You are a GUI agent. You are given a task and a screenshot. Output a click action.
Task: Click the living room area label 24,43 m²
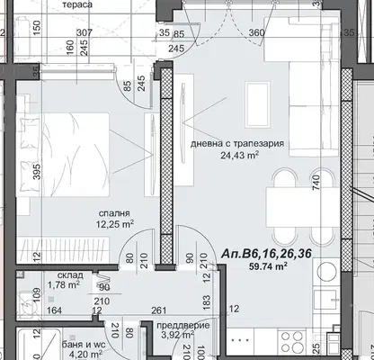[240, 155]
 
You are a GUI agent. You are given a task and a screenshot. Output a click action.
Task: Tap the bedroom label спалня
[114, 213]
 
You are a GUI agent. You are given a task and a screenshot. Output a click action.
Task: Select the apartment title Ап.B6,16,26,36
[266, 254]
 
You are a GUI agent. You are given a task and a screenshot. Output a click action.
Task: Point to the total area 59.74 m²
[269, 266]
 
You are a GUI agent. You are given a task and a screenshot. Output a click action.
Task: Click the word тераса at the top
[77, 4]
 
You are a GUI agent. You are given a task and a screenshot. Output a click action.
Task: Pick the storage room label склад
[70, 275]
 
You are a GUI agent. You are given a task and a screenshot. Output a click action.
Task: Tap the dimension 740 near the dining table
[316, 183]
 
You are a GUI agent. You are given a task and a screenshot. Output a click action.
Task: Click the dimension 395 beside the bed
[37, 172]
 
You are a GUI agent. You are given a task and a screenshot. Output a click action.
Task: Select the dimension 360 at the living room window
[256, 32]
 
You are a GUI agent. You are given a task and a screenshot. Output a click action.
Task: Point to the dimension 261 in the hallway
[158, 310]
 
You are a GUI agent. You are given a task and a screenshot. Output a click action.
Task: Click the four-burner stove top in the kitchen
[292, 340]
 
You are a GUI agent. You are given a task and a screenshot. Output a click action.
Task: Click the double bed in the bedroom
[63, 155]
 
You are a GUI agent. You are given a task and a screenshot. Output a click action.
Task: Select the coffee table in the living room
[257, 104]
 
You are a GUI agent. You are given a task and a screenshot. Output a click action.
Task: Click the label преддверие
[183, 326]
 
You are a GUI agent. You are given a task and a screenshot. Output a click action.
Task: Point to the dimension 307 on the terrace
[85, 32]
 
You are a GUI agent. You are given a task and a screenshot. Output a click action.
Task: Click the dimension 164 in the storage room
[54, 310]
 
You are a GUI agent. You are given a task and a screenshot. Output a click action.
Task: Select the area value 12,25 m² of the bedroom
[114, 224]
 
